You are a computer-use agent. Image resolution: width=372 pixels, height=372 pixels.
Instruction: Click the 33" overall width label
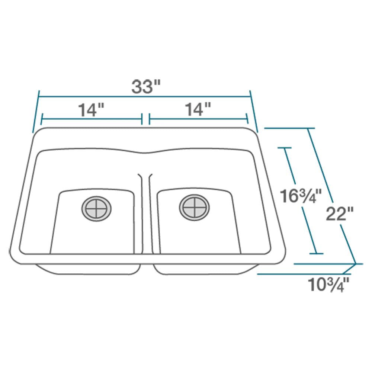pyautogui.click(x=145, y=87)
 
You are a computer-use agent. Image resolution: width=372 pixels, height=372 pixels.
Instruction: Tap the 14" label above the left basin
pyautogui.click(x=91, y=110)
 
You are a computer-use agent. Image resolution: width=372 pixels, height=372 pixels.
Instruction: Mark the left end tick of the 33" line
pyautogui.click(x=36, y=112)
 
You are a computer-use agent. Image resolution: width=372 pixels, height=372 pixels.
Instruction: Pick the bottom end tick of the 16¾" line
pyautogui.click(x=316, y=254)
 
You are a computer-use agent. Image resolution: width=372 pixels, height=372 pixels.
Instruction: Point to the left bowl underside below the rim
pyautogui.click(x=89, y=269)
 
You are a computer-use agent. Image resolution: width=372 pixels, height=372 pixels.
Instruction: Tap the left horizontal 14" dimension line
pyautogui.click(x=91, y=119)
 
